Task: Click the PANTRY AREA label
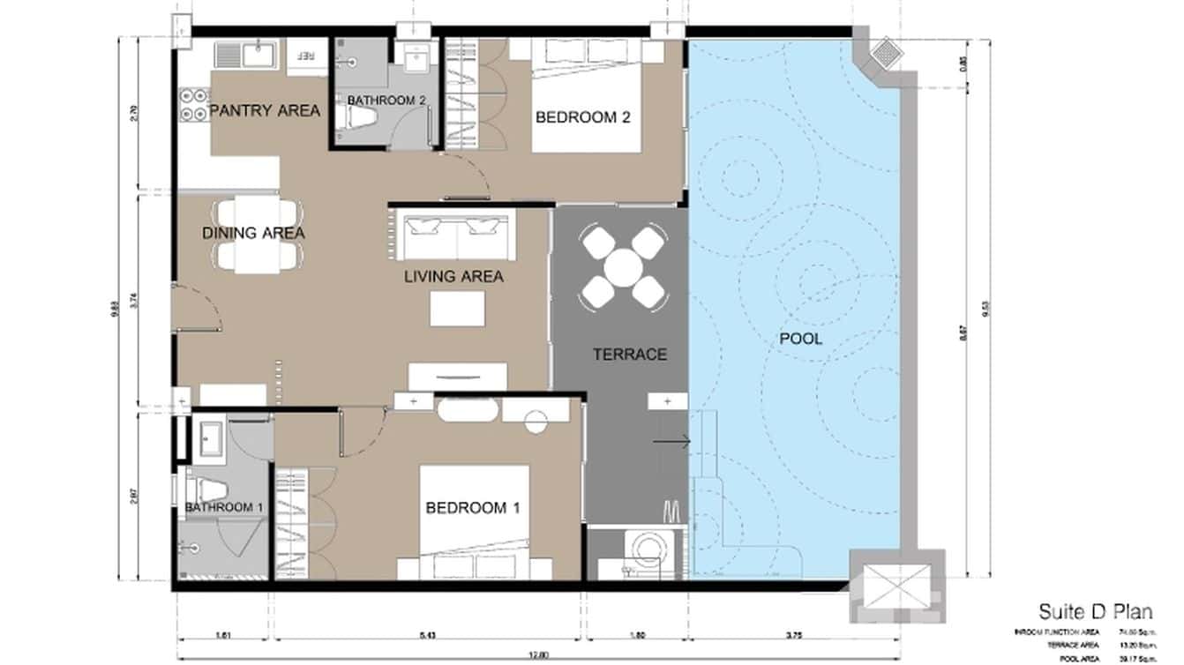click(x=265, y=111)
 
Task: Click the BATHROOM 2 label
click(x=386, y=101)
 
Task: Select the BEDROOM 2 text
click(x=582, y=117)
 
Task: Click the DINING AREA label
click(x=253, y=233)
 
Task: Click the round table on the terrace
click(x=624, y=267)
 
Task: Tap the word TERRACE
click(x=629, y=355)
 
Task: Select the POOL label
click(x=800, y=339)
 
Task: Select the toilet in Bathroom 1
click(x=205, y=484)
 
